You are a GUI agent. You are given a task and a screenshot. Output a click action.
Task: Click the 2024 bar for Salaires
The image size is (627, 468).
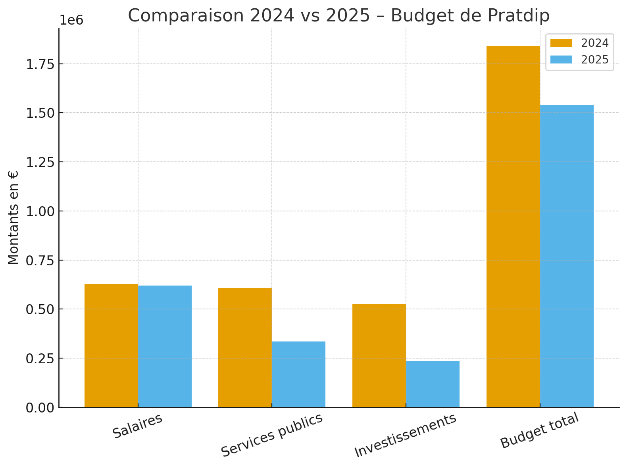[x=111, y=345]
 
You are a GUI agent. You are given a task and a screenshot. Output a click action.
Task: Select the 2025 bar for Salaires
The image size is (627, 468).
[x=165, y=346]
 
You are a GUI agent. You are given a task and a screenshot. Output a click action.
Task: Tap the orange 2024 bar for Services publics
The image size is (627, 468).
[x=245, y=347]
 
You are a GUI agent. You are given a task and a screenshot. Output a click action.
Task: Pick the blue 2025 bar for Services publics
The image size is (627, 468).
[x=298, y=374]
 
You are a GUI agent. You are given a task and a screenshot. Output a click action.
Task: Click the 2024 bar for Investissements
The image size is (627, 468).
[x=379, y=355]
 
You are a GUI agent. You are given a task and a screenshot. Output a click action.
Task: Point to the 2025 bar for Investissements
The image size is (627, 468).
[x=433, y=384]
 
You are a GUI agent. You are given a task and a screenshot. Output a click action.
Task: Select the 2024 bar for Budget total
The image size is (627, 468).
[x=513, y=226]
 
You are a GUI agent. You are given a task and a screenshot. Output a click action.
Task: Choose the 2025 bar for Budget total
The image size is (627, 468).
[x=567, y=256]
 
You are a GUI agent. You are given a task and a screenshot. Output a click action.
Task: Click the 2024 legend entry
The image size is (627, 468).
[x=579, y=43]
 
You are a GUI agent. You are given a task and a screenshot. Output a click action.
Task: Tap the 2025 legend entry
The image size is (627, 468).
[x=579, y=59]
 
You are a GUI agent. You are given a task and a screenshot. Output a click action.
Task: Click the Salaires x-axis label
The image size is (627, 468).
[x=138, y=426]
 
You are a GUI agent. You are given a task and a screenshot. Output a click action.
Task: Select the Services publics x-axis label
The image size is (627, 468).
[x=272, y=435]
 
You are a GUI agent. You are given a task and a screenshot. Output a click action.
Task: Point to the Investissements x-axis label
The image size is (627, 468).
[x=405, y=435]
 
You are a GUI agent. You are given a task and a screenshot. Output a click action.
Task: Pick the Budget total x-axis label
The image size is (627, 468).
[x=539, y=430]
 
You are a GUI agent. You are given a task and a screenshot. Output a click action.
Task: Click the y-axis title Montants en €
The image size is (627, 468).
[x=13, y=218]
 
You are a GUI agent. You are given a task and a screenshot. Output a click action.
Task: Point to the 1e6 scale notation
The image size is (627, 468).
[x=71, y=20]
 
